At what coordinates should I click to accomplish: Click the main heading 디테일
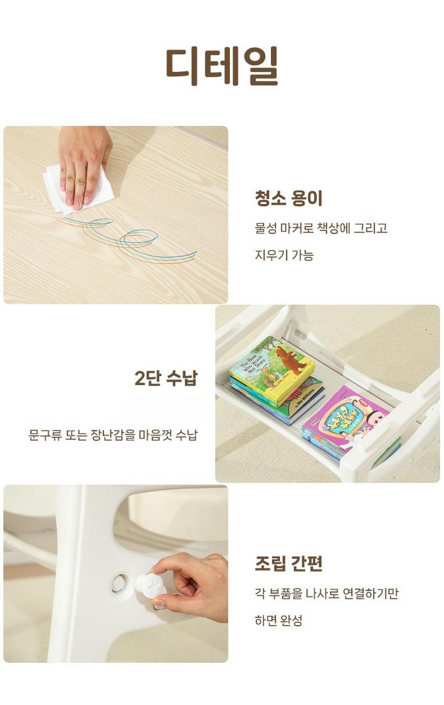(222, 66)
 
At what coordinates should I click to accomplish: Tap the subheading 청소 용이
(289, 199)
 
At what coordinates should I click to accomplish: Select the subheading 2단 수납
(166, 378)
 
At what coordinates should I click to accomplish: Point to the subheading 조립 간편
(289, 563)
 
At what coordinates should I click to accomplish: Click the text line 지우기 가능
(284, 255)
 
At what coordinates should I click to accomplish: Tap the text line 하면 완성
(278, 620)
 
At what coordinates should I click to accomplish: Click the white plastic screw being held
(150, 585)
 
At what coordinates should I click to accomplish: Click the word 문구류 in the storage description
(44, 435)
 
